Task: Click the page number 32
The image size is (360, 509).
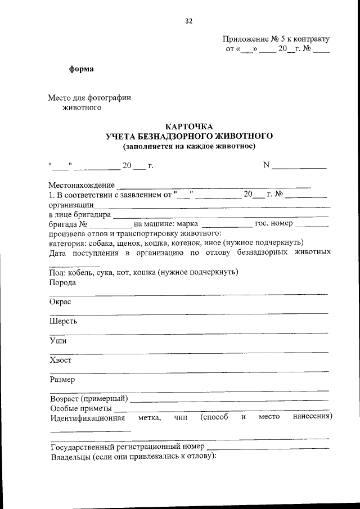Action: (188, 21)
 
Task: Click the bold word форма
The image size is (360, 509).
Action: (81, 69)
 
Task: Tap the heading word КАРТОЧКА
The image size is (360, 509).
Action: (189, 127)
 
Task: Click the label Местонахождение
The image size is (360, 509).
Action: (82, 185)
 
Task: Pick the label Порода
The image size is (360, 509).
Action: (62, 282)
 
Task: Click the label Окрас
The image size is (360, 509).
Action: (61, 301)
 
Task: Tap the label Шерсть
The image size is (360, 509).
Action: (64, 321)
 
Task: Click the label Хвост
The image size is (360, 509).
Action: (61, 360)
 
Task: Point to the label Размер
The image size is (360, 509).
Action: (62, 379)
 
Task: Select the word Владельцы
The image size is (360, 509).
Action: (71, 457)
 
